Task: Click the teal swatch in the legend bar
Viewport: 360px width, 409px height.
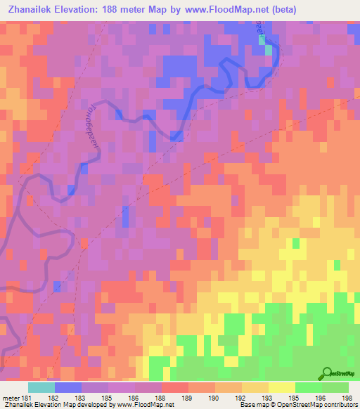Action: [x=41, y=387]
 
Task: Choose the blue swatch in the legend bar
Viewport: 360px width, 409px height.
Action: [x=67, y=387]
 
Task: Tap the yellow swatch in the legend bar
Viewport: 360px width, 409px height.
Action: [x=281, y=387]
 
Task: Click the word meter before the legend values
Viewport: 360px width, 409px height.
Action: [x=10, y=398]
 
